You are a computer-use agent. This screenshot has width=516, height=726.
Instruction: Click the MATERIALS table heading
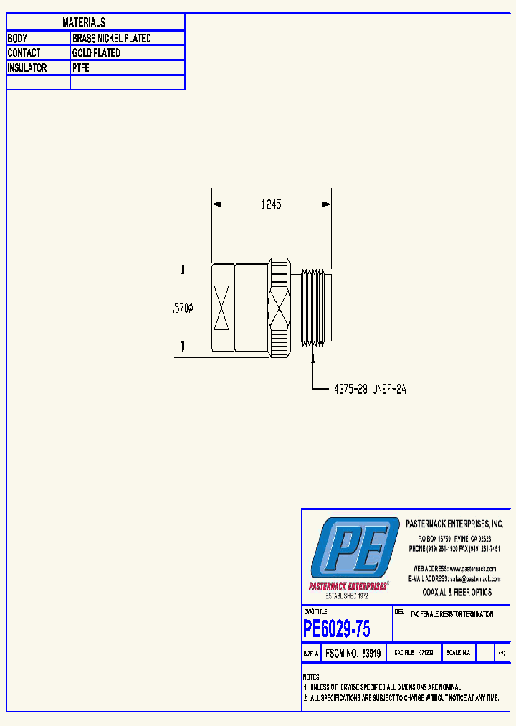[84, 23]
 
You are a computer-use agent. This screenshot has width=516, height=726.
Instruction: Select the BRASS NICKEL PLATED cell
[112, 38]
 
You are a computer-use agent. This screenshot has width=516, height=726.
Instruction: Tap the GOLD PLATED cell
[96, 53]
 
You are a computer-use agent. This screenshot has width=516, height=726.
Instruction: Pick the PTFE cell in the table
[81, 68]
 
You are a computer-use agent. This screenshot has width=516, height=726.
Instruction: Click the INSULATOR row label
[27, 68]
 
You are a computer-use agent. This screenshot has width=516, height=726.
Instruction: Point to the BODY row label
[17, 38]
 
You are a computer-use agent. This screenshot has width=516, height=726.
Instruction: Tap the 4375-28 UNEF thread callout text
[371, 389]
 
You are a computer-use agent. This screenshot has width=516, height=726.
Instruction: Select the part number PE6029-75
[337, 629]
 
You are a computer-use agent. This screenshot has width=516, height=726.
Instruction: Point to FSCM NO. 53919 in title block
[353, 654]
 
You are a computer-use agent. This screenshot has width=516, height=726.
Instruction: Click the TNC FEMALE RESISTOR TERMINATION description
[451, 615]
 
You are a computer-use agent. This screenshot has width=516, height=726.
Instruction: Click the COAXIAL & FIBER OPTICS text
[457, 593]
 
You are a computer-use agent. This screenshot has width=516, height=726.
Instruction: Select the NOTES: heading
[312, 677]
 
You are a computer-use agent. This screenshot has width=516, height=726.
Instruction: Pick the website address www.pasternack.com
[472, 568]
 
